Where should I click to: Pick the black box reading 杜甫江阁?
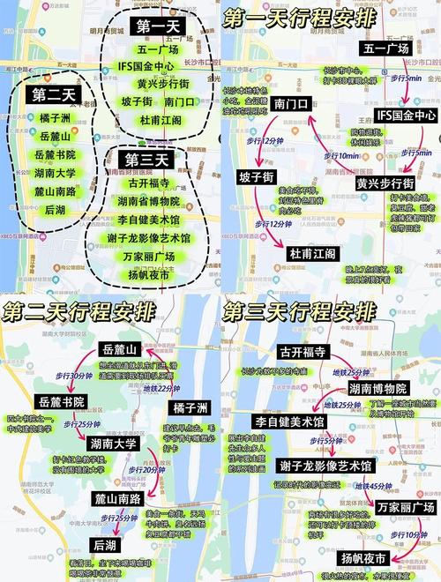(x=311, y=253)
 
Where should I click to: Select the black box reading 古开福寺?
(x=303, y=351)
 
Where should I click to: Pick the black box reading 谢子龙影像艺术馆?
(x=325, y=465)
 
